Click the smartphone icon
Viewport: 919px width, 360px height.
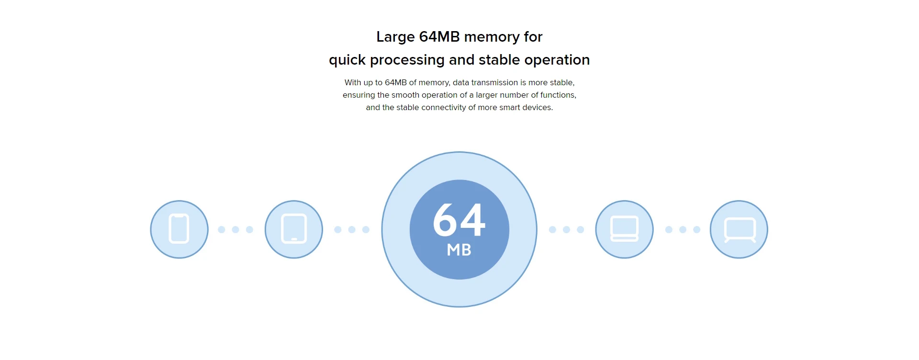[179, 229]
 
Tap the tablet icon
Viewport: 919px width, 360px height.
[294, 229]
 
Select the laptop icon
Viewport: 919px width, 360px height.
[624, 229]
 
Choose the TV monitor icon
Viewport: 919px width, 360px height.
[739, 229]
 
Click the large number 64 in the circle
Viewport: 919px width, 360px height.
[459, 220]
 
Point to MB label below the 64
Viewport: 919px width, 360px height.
[459, 250]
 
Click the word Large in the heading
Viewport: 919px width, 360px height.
[395, 37]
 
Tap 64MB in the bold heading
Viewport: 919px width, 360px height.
[439, 37]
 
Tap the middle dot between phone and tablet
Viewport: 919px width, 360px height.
[235, 230]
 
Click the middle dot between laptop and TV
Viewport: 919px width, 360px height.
[683, 230]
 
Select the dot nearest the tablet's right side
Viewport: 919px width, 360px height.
[338, 230]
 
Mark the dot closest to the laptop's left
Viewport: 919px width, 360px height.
[581, 230]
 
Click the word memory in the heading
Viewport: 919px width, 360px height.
[492, 37]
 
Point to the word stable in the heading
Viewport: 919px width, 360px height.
[499, 60]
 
